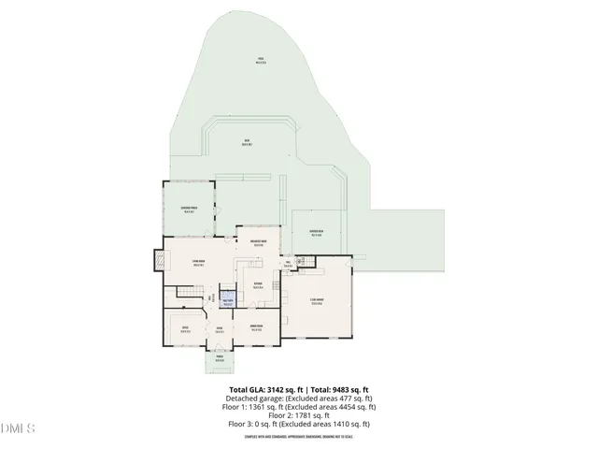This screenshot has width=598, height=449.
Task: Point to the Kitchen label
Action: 258,286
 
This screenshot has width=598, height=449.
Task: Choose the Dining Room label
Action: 255,327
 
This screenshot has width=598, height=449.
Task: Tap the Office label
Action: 185,328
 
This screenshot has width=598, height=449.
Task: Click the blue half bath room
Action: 227,301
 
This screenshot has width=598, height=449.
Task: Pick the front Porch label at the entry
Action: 220,359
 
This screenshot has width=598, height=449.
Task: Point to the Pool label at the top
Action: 262,62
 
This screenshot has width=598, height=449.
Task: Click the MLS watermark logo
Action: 19,429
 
